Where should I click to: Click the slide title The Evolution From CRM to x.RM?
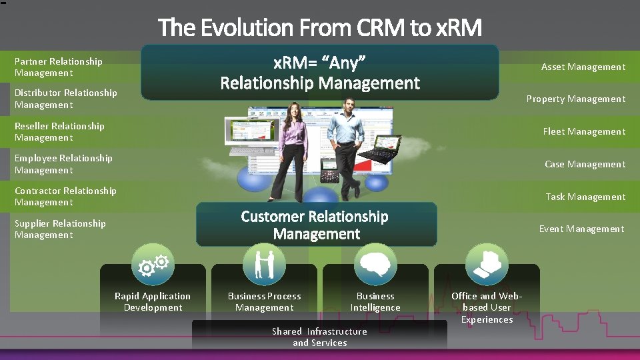tap(319, 27)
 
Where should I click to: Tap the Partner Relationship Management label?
tap(59, 67)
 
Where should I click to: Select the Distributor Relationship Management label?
tap(65, 99)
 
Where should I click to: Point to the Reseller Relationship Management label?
tap(59, 131)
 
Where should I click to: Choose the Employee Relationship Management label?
tap(63, 164)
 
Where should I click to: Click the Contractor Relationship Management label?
tap(65, 197)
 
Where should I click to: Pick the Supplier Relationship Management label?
tap(60, 229)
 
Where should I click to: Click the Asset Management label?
tap(583, 67)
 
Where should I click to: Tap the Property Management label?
tap(575, 99)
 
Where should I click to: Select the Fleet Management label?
tap(584, 131)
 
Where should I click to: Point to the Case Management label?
tap(585, 164)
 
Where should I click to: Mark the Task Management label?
tap(585, 197)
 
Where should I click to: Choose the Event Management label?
tap(581, 229)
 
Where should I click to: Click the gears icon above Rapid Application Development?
tap(153, 265)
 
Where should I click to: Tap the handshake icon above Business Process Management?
tap(264, 264)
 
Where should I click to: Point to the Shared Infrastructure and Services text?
tap(319, 337)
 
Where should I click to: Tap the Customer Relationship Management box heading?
tap(316, 225)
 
